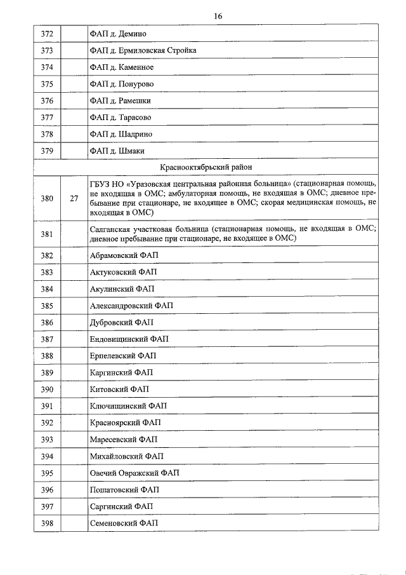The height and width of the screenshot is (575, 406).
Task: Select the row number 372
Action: [x=46, y=34]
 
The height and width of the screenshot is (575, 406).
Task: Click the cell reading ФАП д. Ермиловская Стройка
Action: [x=143, y=50]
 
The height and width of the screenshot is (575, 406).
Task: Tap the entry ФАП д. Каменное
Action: [x=122, y=67]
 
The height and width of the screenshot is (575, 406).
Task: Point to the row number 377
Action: [x=46, y=118]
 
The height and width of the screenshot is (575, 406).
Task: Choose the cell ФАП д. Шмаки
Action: [x=117, y=151]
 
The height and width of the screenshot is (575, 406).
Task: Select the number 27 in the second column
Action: [x=74, y=198]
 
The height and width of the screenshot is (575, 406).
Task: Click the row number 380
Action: [x=46, y=198]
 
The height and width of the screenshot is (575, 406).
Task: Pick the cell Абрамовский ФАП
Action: [x=126, y=255]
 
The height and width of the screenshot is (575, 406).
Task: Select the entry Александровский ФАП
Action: [x=131, y=306]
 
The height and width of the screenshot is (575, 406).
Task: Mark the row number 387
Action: [x=46, y=339]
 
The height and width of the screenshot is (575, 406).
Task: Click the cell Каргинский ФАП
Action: [x=122, y=372]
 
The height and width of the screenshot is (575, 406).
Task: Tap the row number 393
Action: [x=46, y=440]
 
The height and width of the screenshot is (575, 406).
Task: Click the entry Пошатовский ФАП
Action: [x=124, y=490]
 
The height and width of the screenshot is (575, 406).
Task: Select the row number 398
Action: [x=46, y=523]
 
